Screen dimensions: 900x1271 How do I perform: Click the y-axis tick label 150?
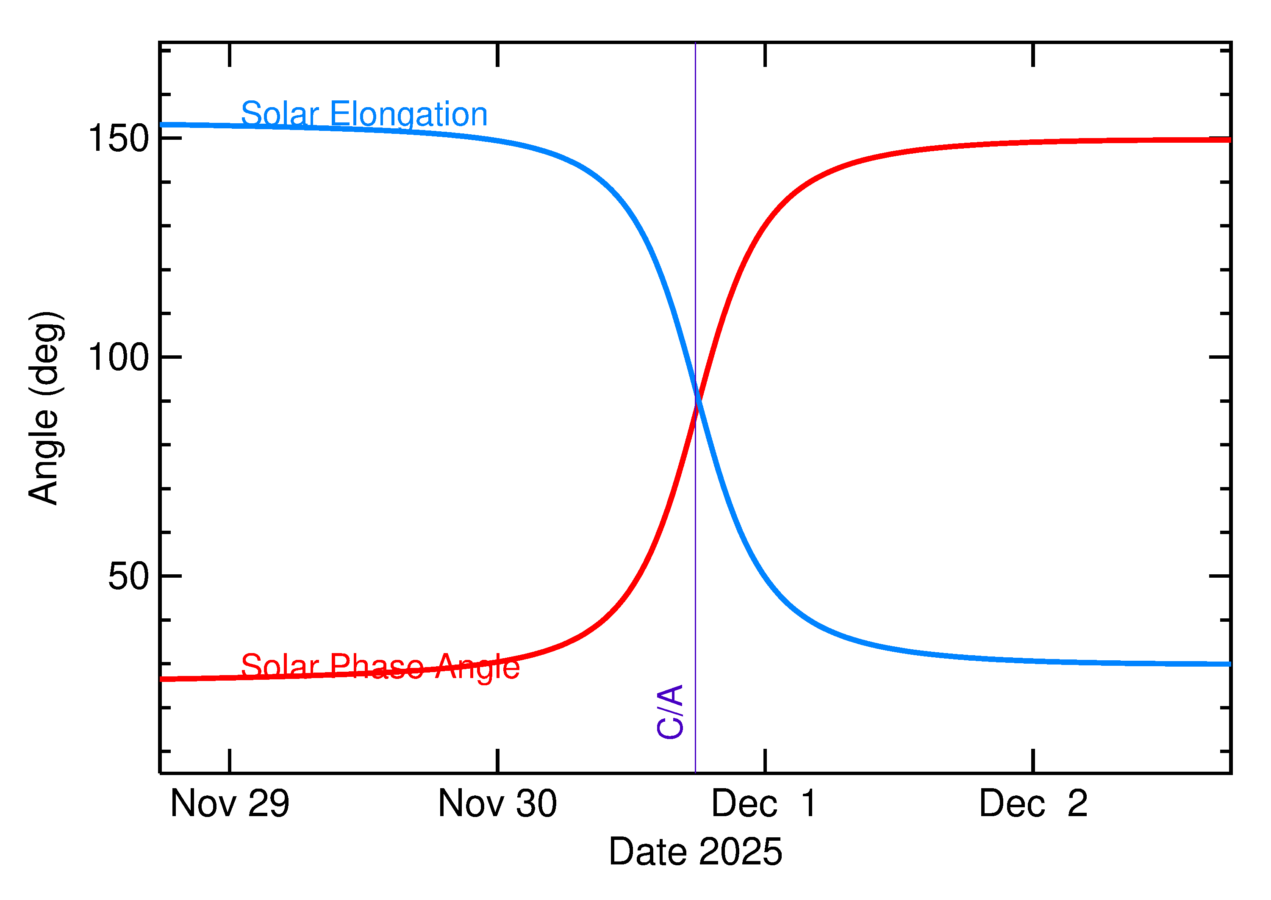pos(119,138)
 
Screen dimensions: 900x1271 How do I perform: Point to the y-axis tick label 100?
pos(119,357)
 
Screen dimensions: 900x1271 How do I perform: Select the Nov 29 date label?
pos(230,803)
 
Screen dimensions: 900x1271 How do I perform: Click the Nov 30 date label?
pos(497,803)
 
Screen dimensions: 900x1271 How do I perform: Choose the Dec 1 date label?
pos(764,803)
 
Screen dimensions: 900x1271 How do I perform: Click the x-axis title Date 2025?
pos(695,852)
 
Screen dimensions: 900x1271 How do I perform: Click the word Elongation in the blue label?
pos(408,114)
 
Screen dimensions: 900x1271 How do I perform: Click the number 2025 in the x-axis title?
pos(740,852)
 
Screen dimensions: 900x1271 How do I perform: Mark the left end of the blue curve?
pos(162,125)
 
